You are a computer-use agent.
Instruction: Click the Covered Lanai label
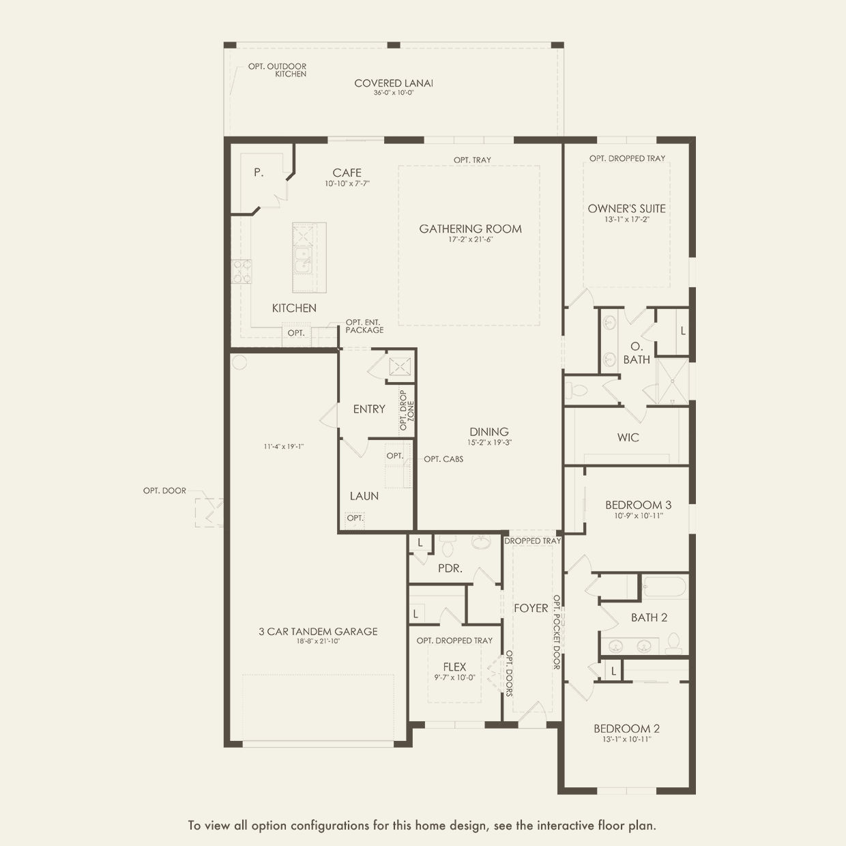pos(394,83)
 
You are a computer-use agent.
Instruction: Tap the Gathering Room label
pos(470,229)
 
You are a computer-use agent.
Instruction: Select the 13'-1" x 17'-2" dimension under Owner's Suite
pos(627,219)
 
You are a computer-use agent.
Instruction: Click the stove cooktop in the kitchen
pos(242,272)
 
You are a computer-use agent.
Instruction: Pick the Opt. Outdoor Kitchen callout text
pos(278,70)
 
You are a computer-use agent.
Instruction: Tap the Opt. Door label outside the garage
pos(164,491)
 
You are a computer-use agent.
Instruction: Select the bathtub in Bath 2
pos(664,587)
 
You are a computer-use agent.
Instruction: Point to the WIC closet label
pos(628,437)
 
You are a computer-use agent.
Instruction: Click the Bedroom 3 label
pos(639,505)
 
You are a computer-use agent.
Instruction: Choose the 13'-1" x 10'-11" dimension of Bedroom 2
pos(627,739)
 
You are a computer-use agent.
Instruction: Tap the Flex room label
pos(454,667)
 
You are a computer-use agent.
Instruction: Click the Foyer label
pos(531,608)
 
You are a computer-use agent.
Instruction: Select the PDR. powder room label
pos(450,568)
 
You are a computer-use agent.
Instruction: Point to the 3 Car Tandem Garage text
pos(319,631)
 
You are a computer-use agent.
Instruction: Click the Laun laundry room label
pos(364,496)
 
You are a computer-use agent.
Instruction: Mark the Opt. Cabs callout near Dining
pos(443,459)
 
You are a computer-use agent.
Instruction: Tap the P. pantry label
pos(259,173)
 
